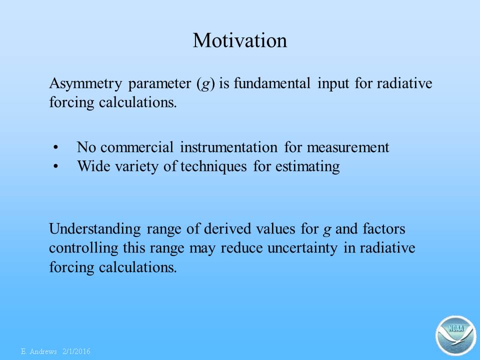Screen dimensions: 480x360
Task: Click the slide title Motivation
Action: coord(240,40)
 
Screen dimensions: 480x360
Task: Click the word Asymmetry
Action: coord(85,84)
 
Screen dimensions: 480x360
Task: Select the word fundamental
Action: coord(272,83)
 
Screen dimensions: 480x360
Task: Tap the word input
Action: coord(333,84)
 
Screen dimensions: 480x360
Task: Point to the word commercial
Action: coord(137,147)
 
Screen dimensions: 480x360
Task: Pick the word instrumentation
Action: coord(228,147)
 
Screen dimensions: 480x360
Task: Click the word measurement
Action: coord(348,147)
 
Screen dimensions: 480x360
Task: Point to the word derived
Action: coord(227,228)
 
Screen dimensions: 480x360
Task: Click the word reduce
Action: coord(241,248)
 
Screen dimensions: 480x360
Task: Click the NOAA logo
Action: coord(456,336)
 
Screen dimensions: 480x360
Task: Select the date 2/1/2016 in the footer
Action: coord(76,351)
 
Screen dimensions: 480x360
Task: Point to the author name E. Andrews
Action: coord(39,351)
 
